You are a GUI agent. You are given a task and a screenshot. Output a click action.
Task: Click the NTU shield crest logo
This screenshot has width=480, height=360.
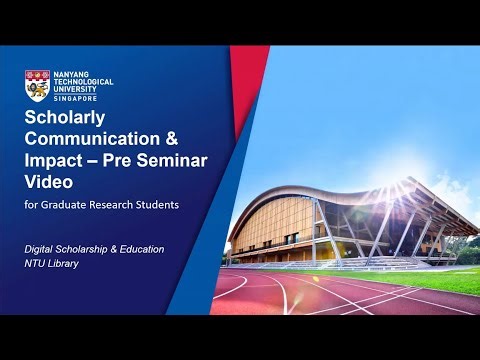37,86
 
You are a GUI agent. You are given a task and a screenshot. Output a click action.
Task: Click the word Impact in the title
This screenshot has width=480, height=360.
54,161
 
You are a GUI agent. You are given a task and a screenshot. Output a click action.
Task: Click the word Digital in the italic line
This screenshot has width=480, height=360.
43,248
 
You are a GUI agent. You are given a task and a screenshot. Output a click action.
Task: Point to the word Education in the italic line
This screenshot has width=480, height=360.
140,248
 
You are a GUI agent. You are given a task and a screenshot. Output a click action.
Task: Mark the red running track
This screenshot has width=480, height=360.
330,295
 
